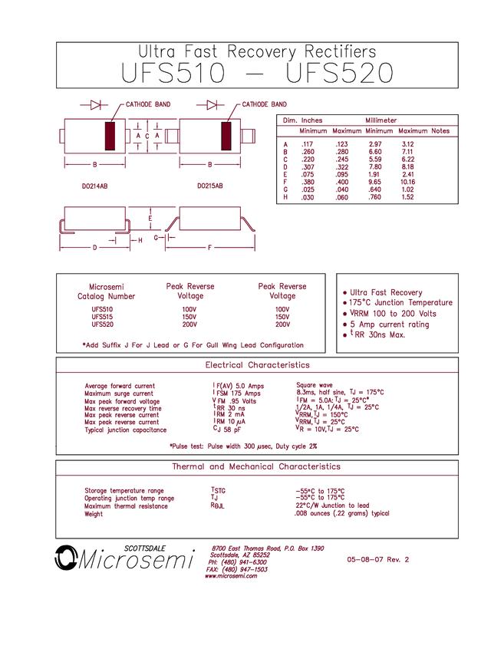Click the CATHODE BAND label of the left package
pyautogui.click(x=148, y=104)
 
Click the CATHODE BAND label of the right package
pyautogui.click(x=264, y=104)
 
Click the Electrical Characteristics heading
pyautogui.click(x=257, y=364)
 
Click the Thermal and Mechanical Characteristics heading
pyautogui.click(x=257, y=466)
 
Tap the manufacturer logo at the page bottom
pyautogui.click(x=237, y=561)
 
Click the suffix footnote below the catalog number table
pyautogui.click(x=193, y=345)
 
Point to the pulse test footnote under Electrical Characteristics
pyautogui.click(x=244, y=446)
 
